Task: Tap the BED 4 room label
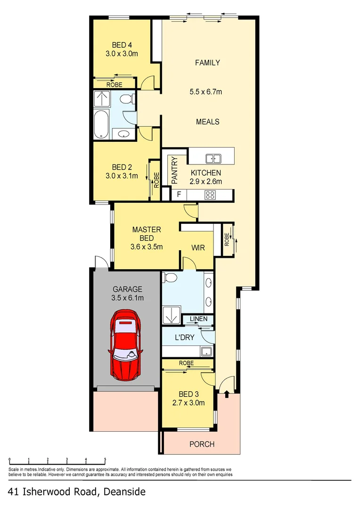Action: (122, 45)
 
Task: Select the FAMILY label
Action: (208, 63)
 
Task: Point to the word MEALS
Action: (208, 122)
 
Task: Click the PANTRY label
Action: (174, 170)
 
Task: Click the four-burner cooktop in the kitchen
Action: (210, 194)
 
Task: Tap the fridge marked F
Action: (179, 194)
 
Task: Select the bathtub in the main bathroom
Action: (101, 124)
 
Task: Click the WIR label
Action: (198, 247)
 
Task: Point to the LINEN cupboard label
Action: (198, 320)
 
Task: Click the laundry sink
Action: (205, 351)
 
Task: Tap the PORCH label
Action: (202, 444)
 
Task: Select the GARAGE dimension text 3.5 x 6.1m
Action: (127, 298)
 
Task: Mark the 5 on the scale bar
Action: (105, 460)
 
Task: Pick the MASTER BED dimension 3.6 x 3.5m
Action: (147, 246)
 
